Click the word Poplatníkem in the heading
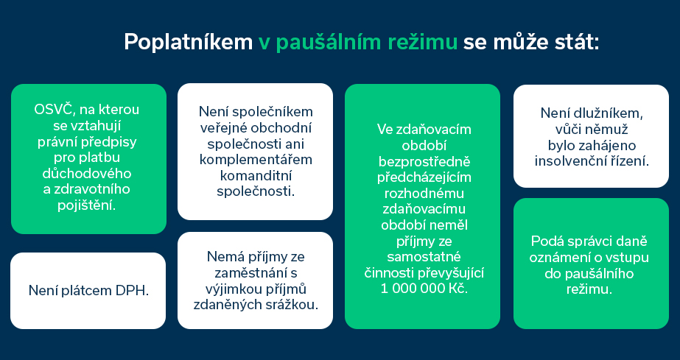pos(188,43)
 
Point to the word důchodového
pos(87,173)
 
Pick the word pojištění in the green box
pos(87,205)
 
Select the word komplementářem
pos(256,160)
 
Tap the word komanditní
pos(256,175)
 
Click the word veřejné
pos(223,128)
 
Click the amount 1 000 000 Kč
pos(424,288)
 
